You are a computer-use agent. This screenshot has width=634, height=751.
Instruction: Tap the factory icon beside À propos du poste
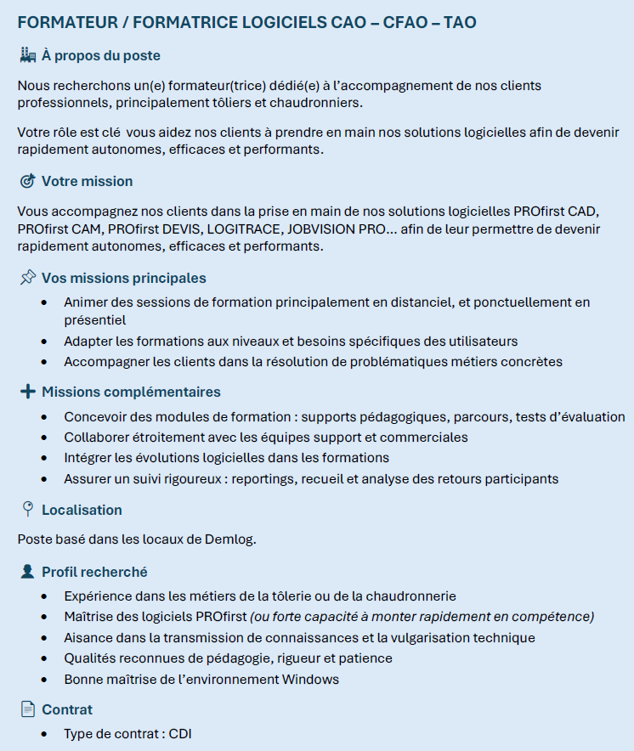(x=27, y=56)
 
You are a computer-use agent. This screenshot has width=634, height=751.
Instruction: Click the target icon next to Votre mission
(x=27, y=181)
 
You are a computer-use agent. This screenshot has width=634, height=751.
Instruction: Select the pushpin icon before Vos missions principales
(x=27, y=278)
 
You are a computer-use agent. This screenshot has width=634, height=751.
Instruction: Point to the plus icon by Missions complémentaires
(x=27, y=392)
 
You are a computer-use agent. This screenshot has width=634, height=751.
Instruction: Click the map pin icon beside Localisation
(x=27, y=510)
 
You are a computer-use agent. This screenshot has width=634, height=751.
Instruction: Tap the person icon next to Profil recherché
(x=27, y=573)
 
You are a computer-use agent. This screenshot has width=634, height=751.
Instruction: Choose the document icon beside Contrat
(x=27, y=709)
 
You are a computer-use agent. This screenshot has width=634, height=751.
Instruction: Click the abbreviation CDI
(x=180, y=733)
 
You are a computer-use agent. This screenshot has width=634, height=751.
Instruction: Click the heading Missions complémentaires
(x=131, y=392)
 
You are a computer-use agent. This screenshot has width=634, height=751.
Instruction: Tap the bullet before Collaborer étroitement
(x=44, y=438)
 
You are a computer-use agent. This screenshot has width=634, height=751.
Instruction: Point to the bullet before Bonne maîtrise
(x=44, y=679)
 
